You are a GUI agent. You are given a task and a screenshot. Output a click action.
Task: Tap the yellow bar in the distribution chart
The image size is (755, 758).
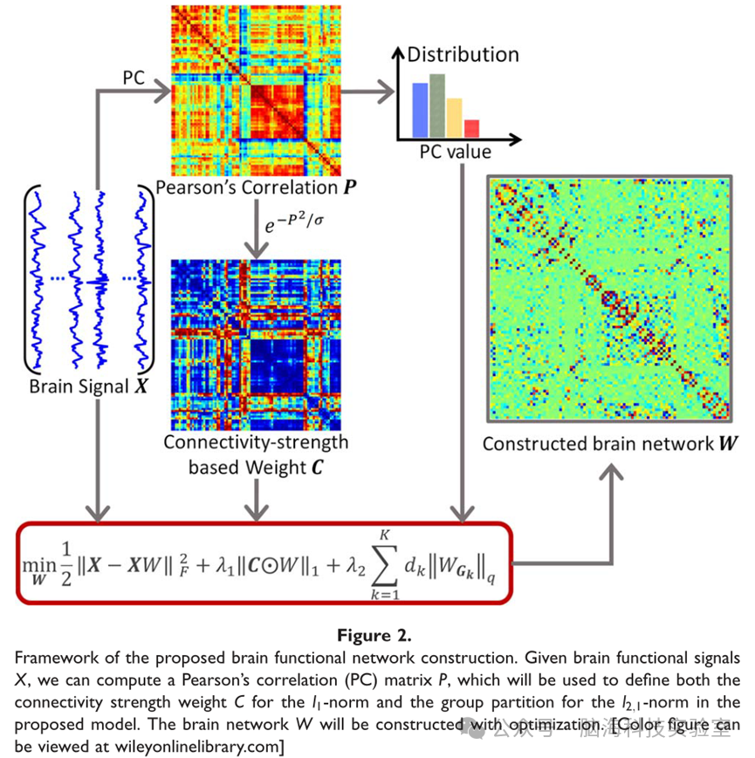(455, 117)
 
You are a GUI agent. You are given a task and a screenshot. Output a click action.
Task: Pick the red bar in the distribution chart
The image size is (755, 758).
(471, 127)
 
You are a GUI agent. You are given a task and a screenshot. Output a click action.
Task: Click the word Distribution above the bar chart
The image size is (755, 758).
(463, 54)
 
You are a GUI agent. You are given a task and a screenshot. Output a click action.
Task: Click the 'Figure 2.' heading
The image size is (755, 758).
(376, 630)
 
